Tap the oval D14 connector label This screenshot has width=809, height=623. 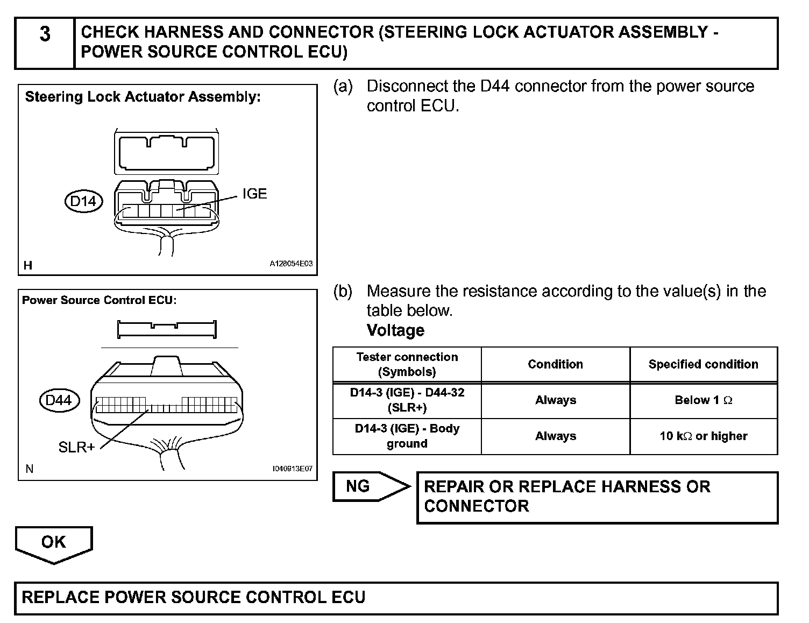point(83,202)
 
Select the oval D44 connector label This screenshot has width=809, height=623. point(59,400)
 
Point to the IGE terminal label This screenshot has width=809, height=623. point(254,194)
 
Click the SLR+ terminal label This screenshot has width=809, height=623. point(76,448)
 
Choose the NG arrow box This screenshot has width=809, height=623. point(366,487)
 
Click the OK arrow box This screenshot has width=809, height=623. point(53,542)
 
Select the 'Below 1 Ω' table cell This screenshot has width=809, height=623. point(703,400)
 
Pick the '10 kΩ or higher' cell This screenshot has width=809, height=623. point(703,436)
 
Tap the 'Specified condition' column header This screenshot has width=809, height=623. point(703,364)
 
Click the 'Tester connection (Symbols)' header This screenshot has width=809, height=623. point(407,364)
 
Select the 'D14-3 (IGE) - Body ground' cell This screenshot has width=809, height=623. point(407,436)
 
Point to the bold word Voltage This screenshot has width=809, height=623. point(395,330)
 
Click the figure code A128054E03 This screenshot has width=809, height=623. point(291,264)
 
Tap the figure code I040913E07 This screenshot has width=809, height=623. point(292,469)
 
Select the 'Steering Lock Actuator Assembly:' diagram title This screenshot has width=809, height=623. point(143,97)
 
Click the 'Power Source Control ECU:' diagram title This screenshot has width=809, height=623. point(100,300)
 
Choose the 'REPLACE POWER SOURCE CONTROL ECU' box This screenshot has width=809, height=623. point(396,598)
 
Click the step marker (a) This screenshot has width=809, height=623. point(343,87)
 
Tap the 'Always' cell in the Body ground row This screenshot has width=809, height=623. point(555,436)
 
